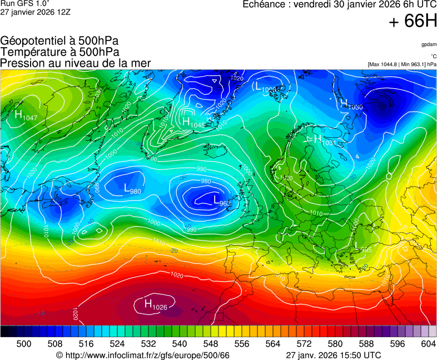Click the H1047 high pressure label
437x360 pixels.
(x=26, y=116)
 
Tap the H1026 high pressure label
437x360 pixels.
(x=156, y=304)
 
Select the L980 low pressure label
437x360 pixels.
(x=132, y=190)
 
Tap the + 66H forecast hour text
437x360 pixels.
(x=413, y=21)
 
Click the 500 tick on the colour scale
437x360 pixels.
(x=24, y=344)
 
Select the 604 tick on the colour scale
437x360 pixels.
(x=428, y=344)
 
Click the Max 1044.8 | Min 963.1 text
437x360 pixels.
(x=402, y=64)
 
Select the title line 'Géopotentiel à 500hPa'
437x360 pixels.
(x=59, y=41)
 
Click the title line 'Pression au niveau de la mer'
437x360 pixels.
(x=76, y=63)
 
